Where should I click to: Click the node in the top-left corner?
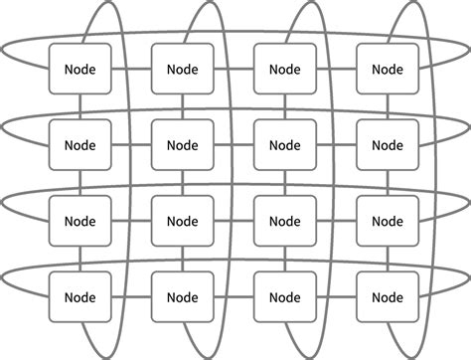[79, 69]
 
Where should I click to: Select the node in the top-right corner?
[387, 69]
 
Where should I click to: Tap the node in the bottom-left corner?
[79, 295]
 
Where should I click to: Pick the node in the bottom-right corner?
[387, 295]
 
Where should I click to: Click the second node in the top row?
[182, 69]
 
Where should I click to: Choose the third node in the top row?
[284, 69]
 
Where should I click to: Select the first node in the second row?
[79, 144]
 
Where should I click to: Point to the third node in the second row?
[284, 144]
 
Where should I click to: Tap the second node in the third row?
[182, 220]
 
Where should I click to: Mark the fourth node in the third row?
[387, 220]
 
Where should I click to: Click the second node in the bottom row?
[182, 295]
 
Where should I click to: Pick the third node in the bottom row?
[284, 295]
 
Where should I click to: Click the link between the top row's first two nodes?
[130, 69]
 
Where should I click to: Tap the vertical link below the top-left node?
[79, 106]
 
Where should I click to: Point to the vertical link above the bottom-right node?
[387, 258]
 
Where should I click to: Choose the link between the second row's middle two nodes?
[234, 144]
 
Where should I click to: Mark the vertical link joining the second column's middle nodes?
[182, 182]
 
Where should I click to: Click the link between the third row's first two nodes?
[130, 220]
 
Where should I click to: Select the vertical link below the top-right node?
[387, 106]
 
